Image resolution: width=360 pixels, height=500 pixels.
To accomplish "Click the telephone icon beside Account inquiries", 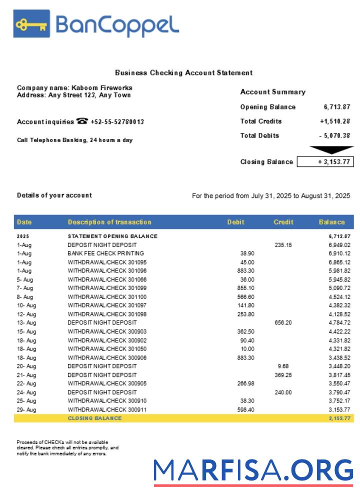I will (x=82, y=121).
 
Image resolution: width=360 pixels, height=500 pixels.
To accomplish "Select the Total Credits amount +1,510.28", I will (x=335, y=121).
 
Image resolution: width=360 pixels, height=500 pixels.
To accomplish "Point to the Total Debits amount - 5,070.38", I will (x=334, y=135).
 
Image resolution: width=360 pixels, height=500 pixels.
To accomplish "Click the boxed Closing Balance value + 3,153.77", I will (x=325, y=162).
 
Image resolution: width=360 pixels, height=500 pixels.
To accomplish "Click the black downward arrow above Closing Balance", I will (x=331, y=149).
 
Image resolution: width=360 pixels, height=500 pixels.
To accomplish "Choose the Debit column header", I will (x=235, y=222).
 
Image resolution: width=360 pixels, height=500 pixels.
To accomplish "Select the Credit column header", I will (x=283, y=222).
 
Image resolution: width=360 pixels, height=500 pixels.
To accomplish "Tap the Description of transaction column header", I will (x=109, y=222).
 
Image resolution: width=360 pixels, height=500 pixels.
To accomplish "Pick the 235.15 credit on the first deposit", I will (x=283, y=245).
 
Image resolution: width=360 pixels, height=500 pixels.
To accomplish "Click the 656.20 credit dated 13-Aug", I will (x=283, y=322).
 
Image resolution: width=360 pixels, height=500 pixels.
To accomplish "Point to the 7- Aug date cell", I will (x=25, y=288).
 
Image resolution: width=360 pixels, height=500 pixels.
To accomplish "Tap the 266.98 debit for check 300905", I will (x=245, y=383).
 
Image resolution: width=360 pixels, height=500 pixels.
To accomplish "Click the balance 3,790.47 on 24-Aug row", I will (x=339, y=392).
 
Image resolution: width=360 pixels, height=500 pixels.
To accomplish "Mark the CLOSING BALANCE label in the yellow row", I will (x=94, y=418).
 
